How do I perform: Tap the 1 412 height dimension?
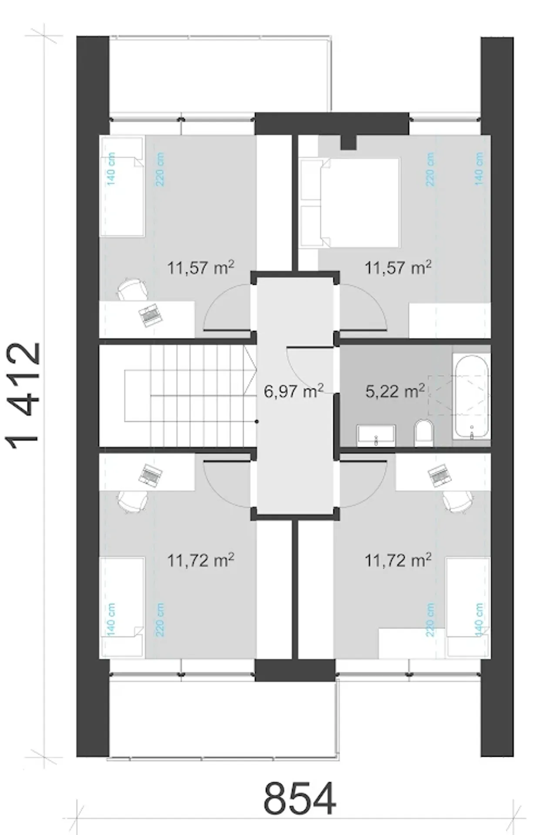pyautogui.click(x=24, y=396)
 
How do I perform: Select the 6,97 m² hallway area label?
pyautogui.click(x=294, y=391)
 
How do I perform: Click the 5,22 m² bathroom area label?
pyautogui.click(x=395, y=391)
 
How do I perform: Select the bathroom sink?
pyautogui.click(x=376, y=435)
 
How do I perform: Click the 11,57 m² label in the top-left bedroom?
pyautogui.click(x=201, y=267)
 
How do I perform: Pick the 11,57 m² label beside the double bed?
pyautogui.click(x=398, y=267)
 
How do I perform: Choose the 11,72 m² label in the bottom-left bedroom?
pyautogui.click(x=201, y=560)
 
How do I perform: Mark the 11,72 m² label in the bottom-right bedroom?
pyautogui.click(x=398, y=560)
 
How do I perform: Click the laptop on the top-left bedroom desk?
pyautogui.click(x=150, y=315)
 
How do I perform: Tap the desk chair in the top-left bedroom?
pyautogui.click(x=132, y=289)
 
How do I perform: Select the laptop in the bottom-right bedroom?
pyautogui.click(x=440, y=475)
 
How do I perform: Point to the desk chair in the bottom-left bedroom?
pyautogui.click(x=132, y=502)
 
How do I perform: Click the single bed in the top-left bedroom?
pyautogui.click(x=122, y=187)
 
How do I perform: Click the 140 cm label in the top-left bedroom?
pyautogui.click(x=111, y=169)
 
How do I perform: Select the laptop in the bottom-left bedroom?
pyautogui.click(x=150, y=475)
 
